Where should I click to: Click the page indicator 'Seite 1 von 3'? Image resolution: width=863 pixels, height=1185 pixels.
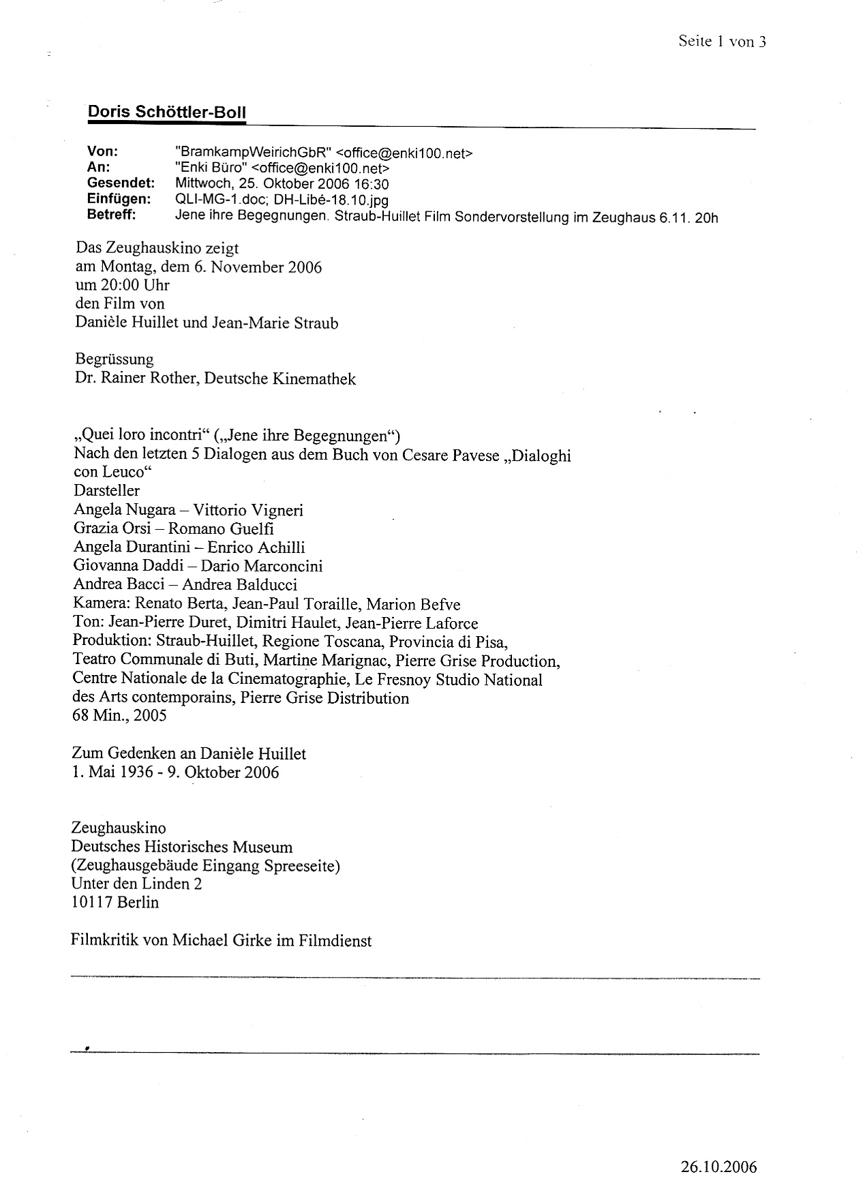tap(722, 42)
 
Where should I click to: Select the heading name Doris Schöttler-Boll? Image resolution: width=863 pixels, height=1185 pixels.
tap(166, 112)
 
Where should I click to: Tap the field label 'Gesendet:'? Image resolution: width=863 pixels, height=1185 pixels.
tap(121, 183)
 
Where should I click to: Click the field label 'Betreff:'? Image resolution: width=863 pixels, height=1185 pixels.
tap(111, 215)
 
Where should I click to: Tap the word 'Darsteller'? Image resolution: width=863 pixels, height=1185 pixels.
tap(107, 491)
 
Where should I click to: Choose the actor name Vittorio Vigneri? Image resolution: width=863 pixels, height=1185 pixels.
tap(248, 510)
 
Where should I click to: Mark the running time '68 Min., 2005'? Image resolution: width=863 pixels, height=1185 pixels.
tap(119, 715)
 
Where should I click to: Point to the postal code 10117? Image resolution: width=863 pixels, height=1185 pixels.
tap(92, 902)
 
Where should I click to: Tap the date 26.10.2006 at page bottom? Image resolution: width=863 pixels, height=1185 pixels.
tap(718, 1147)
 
